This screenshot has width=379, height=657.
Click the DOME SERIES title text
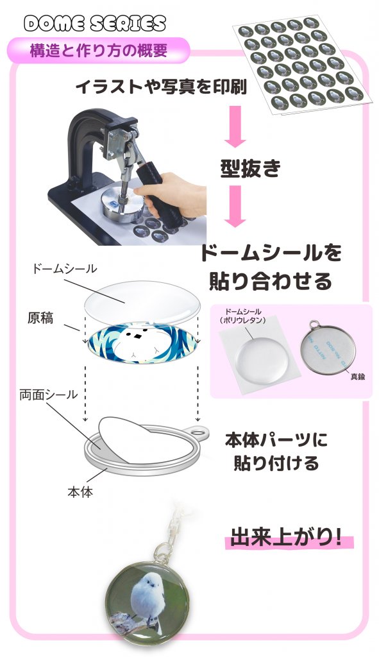pyautogui.click(x=95, y=24)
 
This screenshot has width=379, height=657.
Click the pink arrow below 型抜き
pyautogui.click(x=235, y=207)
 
